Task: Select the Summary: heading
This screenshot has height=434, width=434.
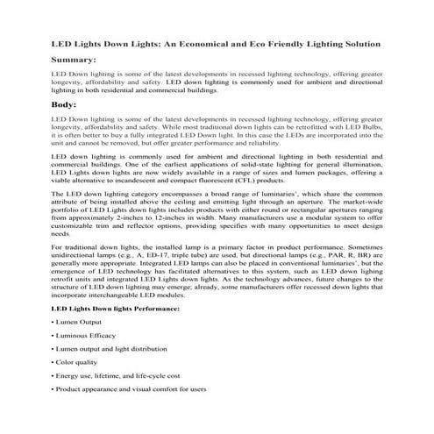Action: click(x=75, y=60)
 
